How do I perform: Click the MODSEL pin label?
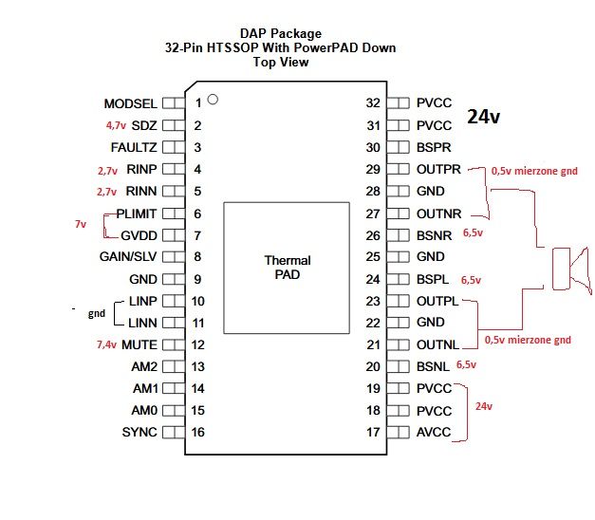pyautogui.click(x=131, y=103)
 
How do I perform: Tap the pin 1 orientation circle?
pyautogui.click(x=213, y=100)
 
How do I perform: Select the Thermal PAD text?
pyautogui.click(x=288, y=268)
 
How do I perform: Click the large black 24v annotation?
pyautogui.click(x=483, y=117)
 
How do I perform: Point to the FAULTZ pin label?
pyautogui.click(x=134, y=147)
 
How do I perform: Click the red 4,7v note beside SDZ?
pyautogui.click(x=116, y=125)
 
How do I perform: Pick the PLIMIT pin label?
pyautogui.click(x=137, y=214)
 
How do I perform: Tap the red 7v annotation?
pyautogui.click(x=81, y=224)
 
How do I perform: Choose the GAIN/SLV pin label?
pyautogui.click(x=128, y=256)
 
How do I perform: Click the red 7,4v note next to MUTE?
pyautogui.click(x=106, y=344)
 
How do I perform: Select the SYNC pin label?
pyautogui.click(x=139, y=432)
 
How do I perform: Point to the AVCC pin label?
pyautogui.click(x=434, y=432)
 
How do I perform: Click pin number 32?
pyautogui.click(x=373, y=102)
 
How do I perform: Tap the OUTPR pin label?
pyautogui.click(x=438, y=169)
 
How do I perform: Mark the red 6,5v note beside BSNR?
pyautogui.click(x=473, y=233)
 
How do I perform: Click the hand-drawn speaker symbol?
pyautogui.click(x=571, y=269)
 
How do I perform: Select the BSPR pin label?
pyautogui.click(x=434, y=147)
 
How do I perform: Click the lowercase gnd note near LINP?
pyautogui.click(x=97, y=313)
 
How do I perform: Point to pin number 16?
pyautogui.click(x=198, y=432)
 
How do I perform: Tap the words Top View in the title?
pyautogui.click(x=281, y=62)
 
